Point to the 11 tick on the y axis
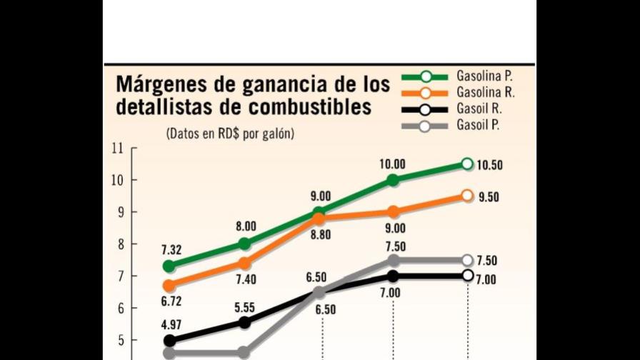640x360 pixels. (x=117, y=148)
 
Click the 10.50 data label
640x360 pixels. (x=490, y=165)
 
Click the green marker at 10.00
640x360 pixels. (x=393, y=180)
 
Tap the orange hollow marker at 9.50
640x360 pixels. (x=467, y=195)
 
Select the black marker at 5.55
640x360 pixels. (x=244, y=322)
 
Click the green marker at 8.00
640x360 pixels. (x=244, y=244)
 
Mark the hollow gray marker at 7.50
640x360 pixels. (x=467, y=260)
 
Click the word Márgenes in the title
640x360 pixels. (x=165, y=84)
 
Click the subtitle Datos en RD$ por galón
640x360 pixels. (x=229, y=133)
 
